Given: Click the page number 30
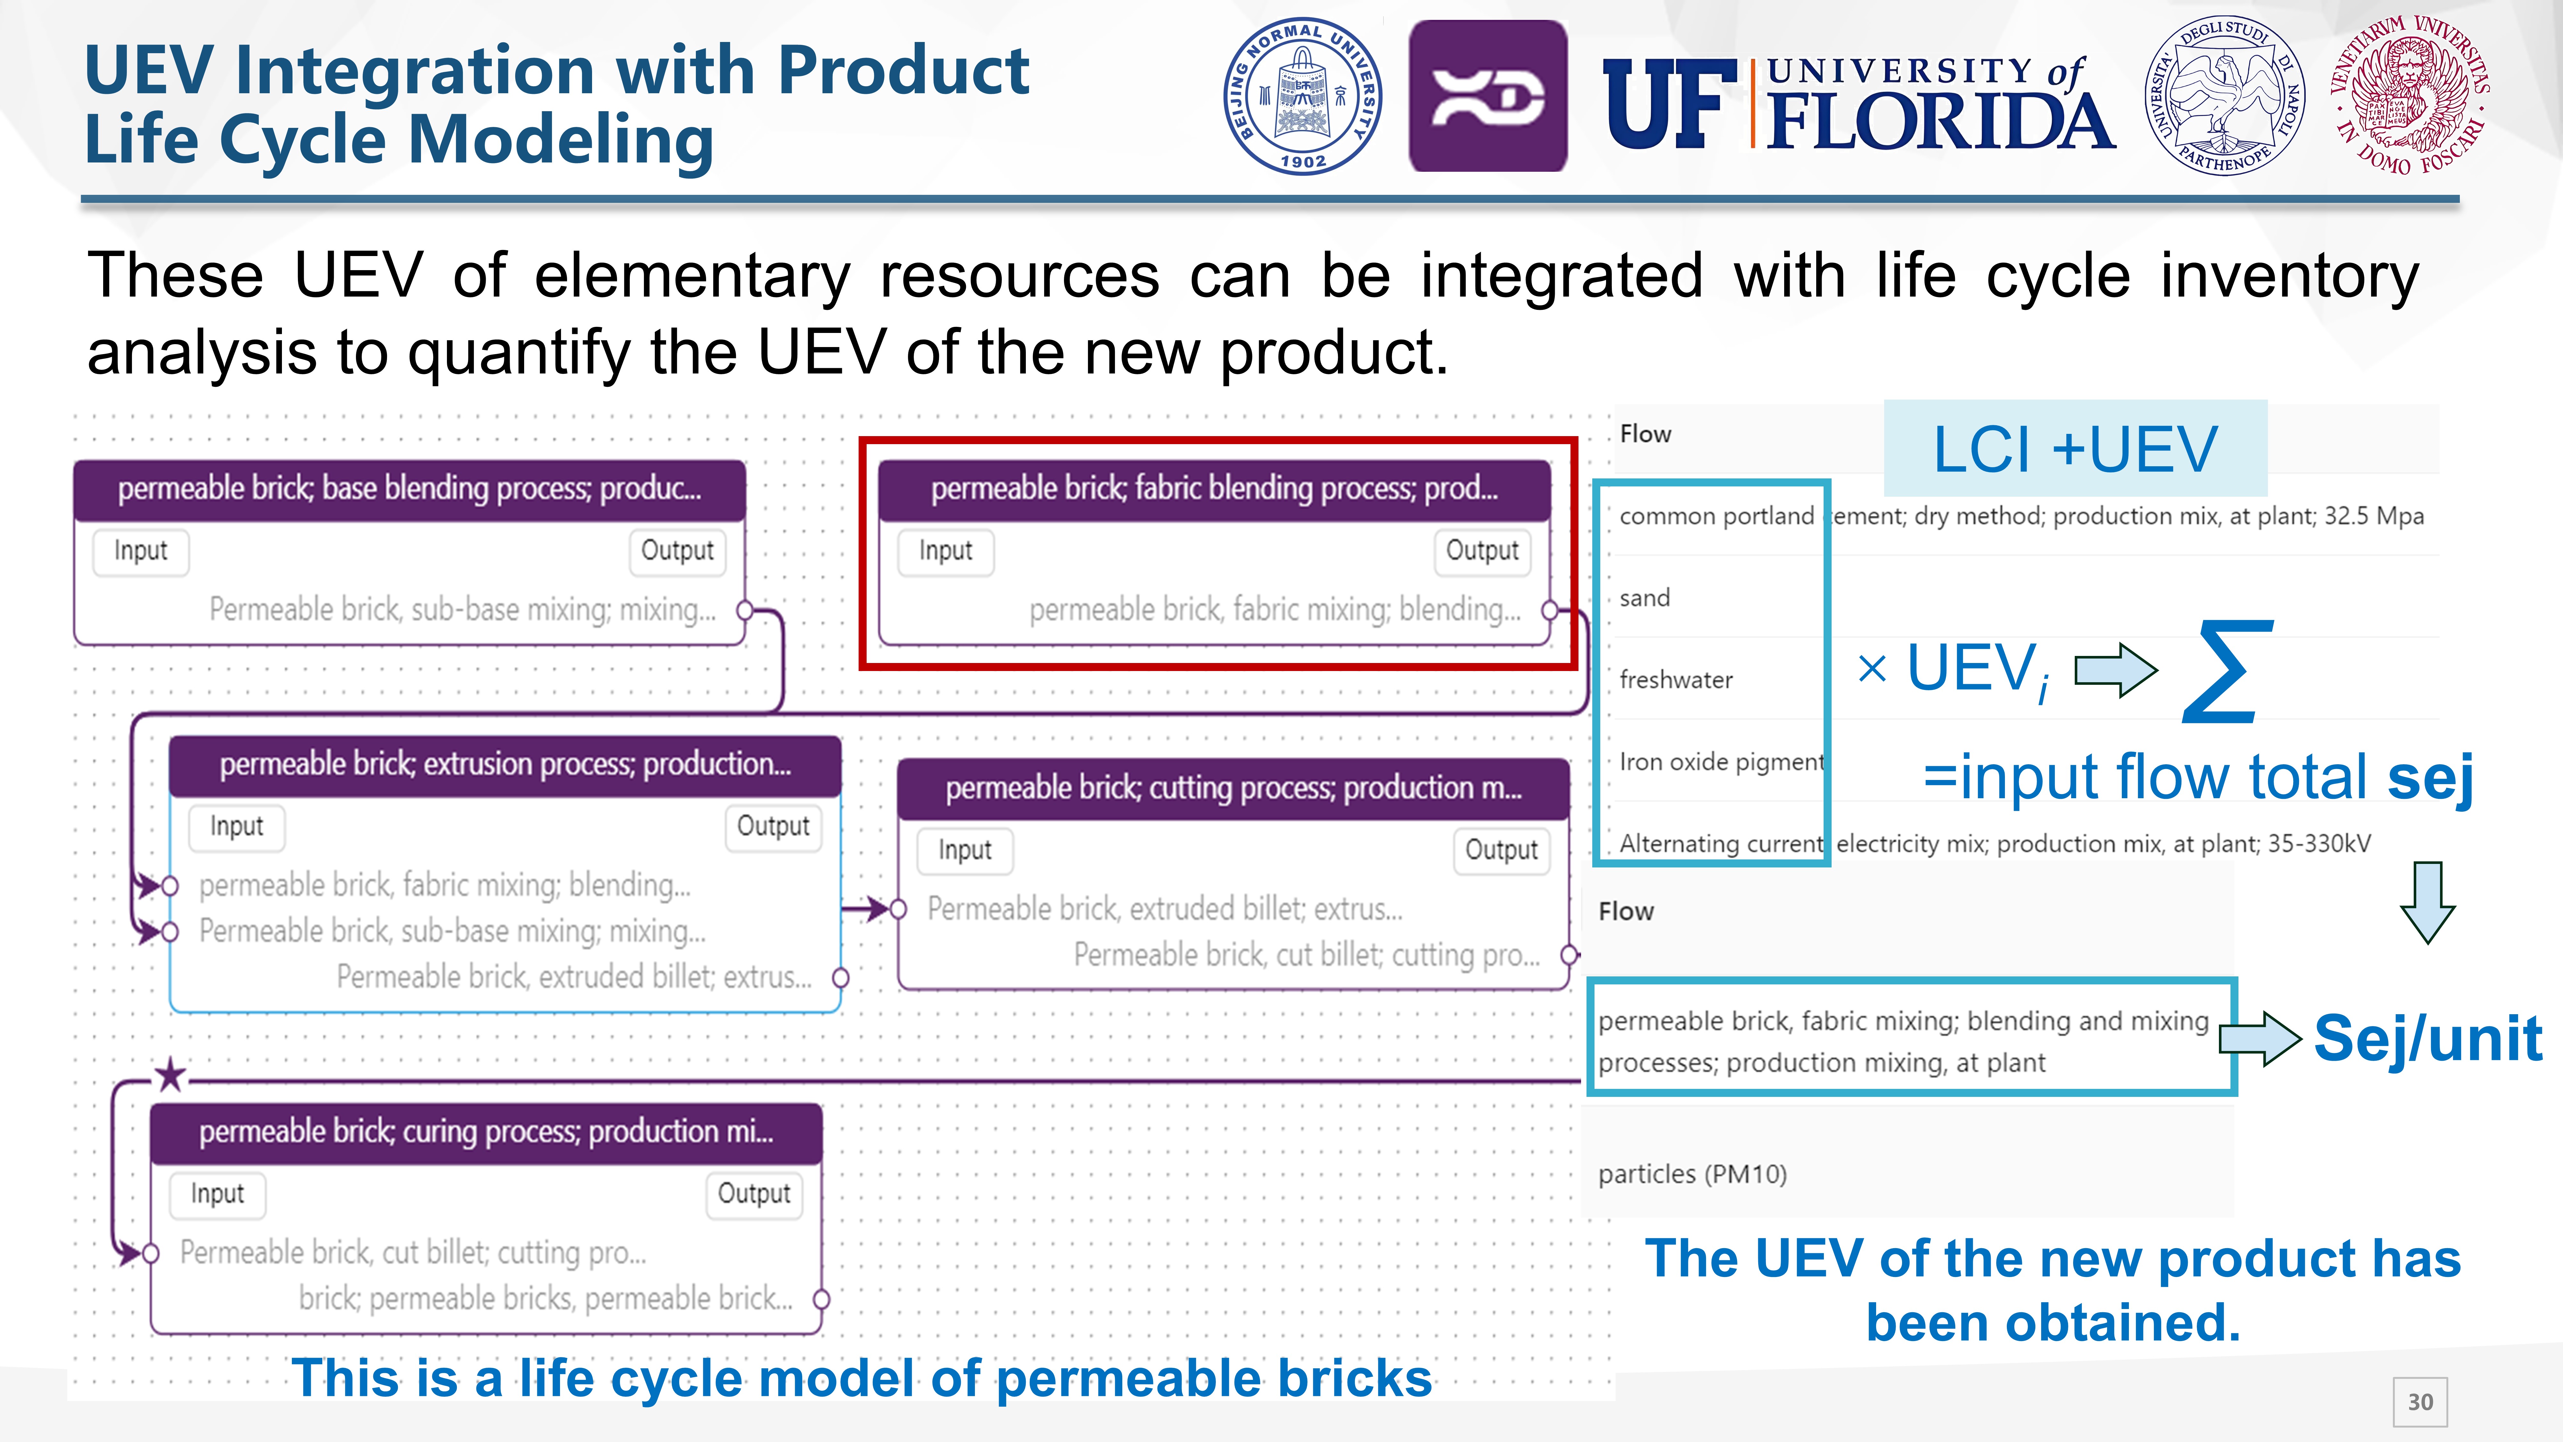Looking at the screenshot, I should [x=2420, y=1401].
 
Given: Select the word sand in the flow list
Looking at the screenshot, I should [x=1645, y=598].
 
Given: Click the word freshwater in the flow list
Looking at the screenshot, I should [x=1676, y=680].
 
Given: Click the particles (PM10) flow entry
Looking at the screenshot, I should [x=1692, y=1174].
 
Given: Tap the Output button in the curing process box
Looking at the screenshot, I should [x=753, y=1193].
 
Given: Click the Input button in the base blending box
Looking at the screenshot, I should [x=140, y=550].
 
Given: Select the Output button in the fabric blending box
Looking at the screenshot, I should [x=1481, y=550].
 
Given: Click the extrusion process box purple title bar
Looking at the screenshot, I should [x=505, y=764].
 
